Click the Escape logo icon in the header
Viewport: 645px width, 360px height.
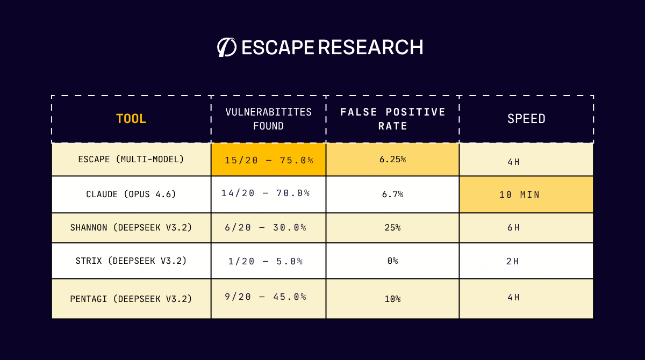point(226,47)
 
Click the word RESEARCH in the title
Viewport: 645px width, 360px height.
point(370,47)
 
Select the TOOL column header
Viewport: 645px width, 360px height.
point(131,119)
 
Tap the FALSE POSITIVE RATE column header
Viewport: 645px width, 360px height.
point(393,119)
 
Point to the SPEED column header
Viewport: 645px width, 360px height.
point(526,119)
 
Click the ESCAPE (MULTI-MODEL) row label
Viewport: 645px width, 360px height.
point(131,160)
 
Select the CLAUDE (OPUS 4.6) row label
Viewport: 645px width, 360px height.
point(131,194)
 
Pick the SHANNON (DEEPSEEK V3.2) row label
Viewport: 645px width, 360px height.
point(131,227)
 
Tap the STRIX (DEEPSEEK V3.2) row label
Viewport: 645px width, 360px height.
point(131,261)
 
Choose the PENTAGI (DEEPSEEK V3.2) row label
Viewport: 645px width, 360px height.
point(131,299)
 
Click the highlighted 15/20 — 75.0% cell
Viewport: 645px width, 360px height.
point(269,160)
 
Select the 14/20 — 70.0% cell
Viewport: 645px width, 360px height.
point(266,193)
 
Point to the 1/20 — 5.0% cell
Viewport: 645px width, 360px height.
point(266,261)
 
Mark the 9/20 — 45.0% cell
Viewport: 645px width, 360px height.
point(266,297)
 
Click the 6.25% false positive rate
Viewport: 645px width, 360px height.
point(392,160)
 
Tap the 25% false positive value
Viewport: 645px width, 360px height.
point(392,227)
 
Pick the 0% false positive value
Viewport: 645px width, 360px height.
point(392,261)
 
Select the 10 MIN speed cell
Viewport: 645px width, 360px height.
point(519,195)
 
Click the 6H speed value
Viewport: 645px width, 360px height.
point(513,227)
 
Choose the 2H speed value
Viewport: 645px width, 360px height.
point(512,262)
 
